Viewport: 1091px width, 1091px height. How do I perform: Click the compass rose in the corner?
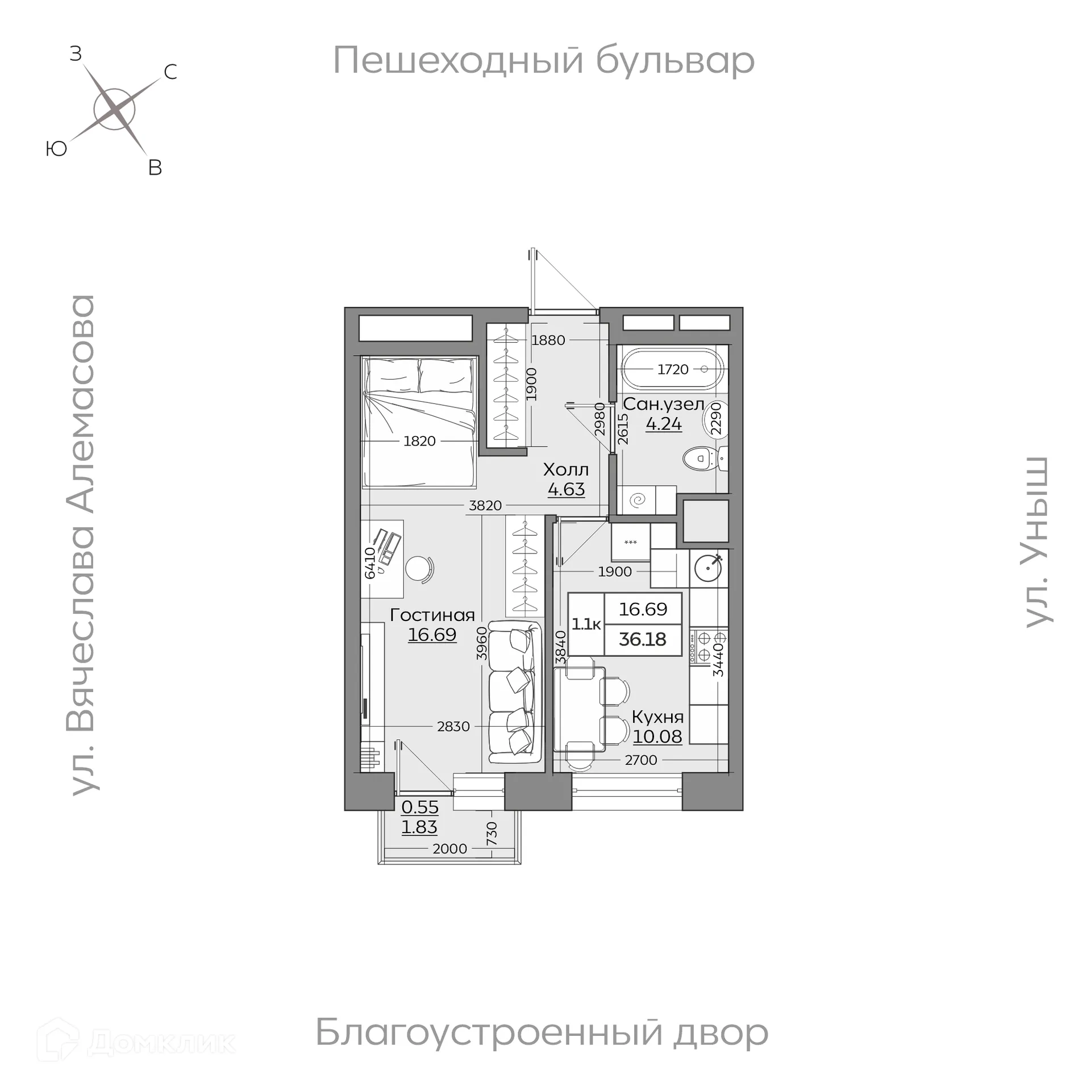114,110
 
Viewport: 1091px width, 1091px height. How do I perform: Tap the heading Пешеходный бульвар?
543,60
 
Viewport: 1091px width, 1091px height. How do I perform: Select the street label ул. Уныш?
1038,542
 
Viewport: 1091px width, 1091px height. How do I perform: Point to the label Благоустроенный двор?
542,1032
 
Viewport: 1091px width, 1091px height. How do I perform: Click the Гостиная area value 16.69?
432,635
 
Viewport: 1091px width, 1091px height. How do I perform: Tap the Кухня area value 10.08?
657,736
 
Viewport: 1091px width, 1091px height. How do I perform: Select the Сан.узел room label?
663,405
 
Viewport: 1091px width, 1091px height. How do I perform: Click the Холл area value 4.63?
566,489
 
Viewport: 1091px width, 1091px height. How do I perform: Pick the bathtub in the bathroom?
673,369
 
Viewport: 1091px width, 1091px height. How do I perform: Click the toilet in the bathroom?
702,458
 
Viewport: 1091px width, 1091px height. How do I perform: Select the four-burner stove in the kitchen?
709,647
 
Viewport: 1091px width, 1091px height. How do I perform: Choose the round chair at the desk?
419,568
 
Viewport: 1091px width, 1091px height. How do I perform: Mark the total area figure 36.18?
642,639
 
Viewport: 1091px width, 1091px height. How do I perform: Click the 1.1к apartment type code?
586,624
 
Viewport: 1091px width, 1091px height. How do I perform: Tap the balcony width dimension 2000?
449,849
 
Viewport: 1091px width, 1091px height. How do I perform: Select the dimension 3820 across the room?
485,506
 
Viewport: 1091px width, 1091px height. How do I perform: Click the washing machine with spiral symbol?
639,500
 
